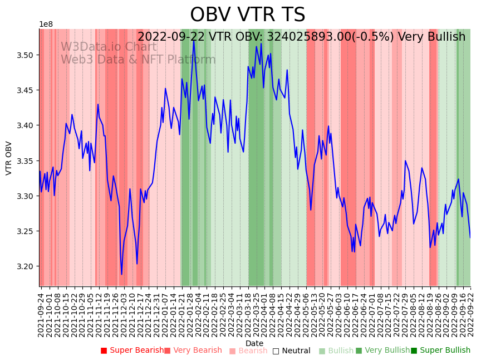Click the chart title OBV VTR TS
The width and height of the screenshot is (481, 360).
[247, 15]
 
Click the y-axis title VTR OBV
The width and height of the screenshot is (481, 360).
[9, 158]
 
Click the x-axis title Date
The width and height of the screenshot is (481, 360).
[254, 343]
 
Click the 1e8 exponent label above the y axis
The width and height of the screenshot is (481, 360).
[46, 25]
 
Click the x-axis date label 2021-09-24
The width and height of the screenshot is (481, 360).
[41, 315]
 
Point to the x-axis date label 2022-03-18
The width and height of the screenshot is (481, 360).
[248, 315]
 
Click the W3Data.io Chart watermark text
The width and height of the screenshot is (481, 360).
[109, 47]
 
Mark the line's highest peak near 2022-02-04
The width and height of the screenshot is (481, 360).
[194, 40]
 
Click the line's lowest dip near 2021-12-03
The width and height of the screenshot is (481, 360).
[121, 274]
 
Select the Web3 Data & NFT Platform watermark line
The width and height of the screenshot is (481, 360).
[138, 60]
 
